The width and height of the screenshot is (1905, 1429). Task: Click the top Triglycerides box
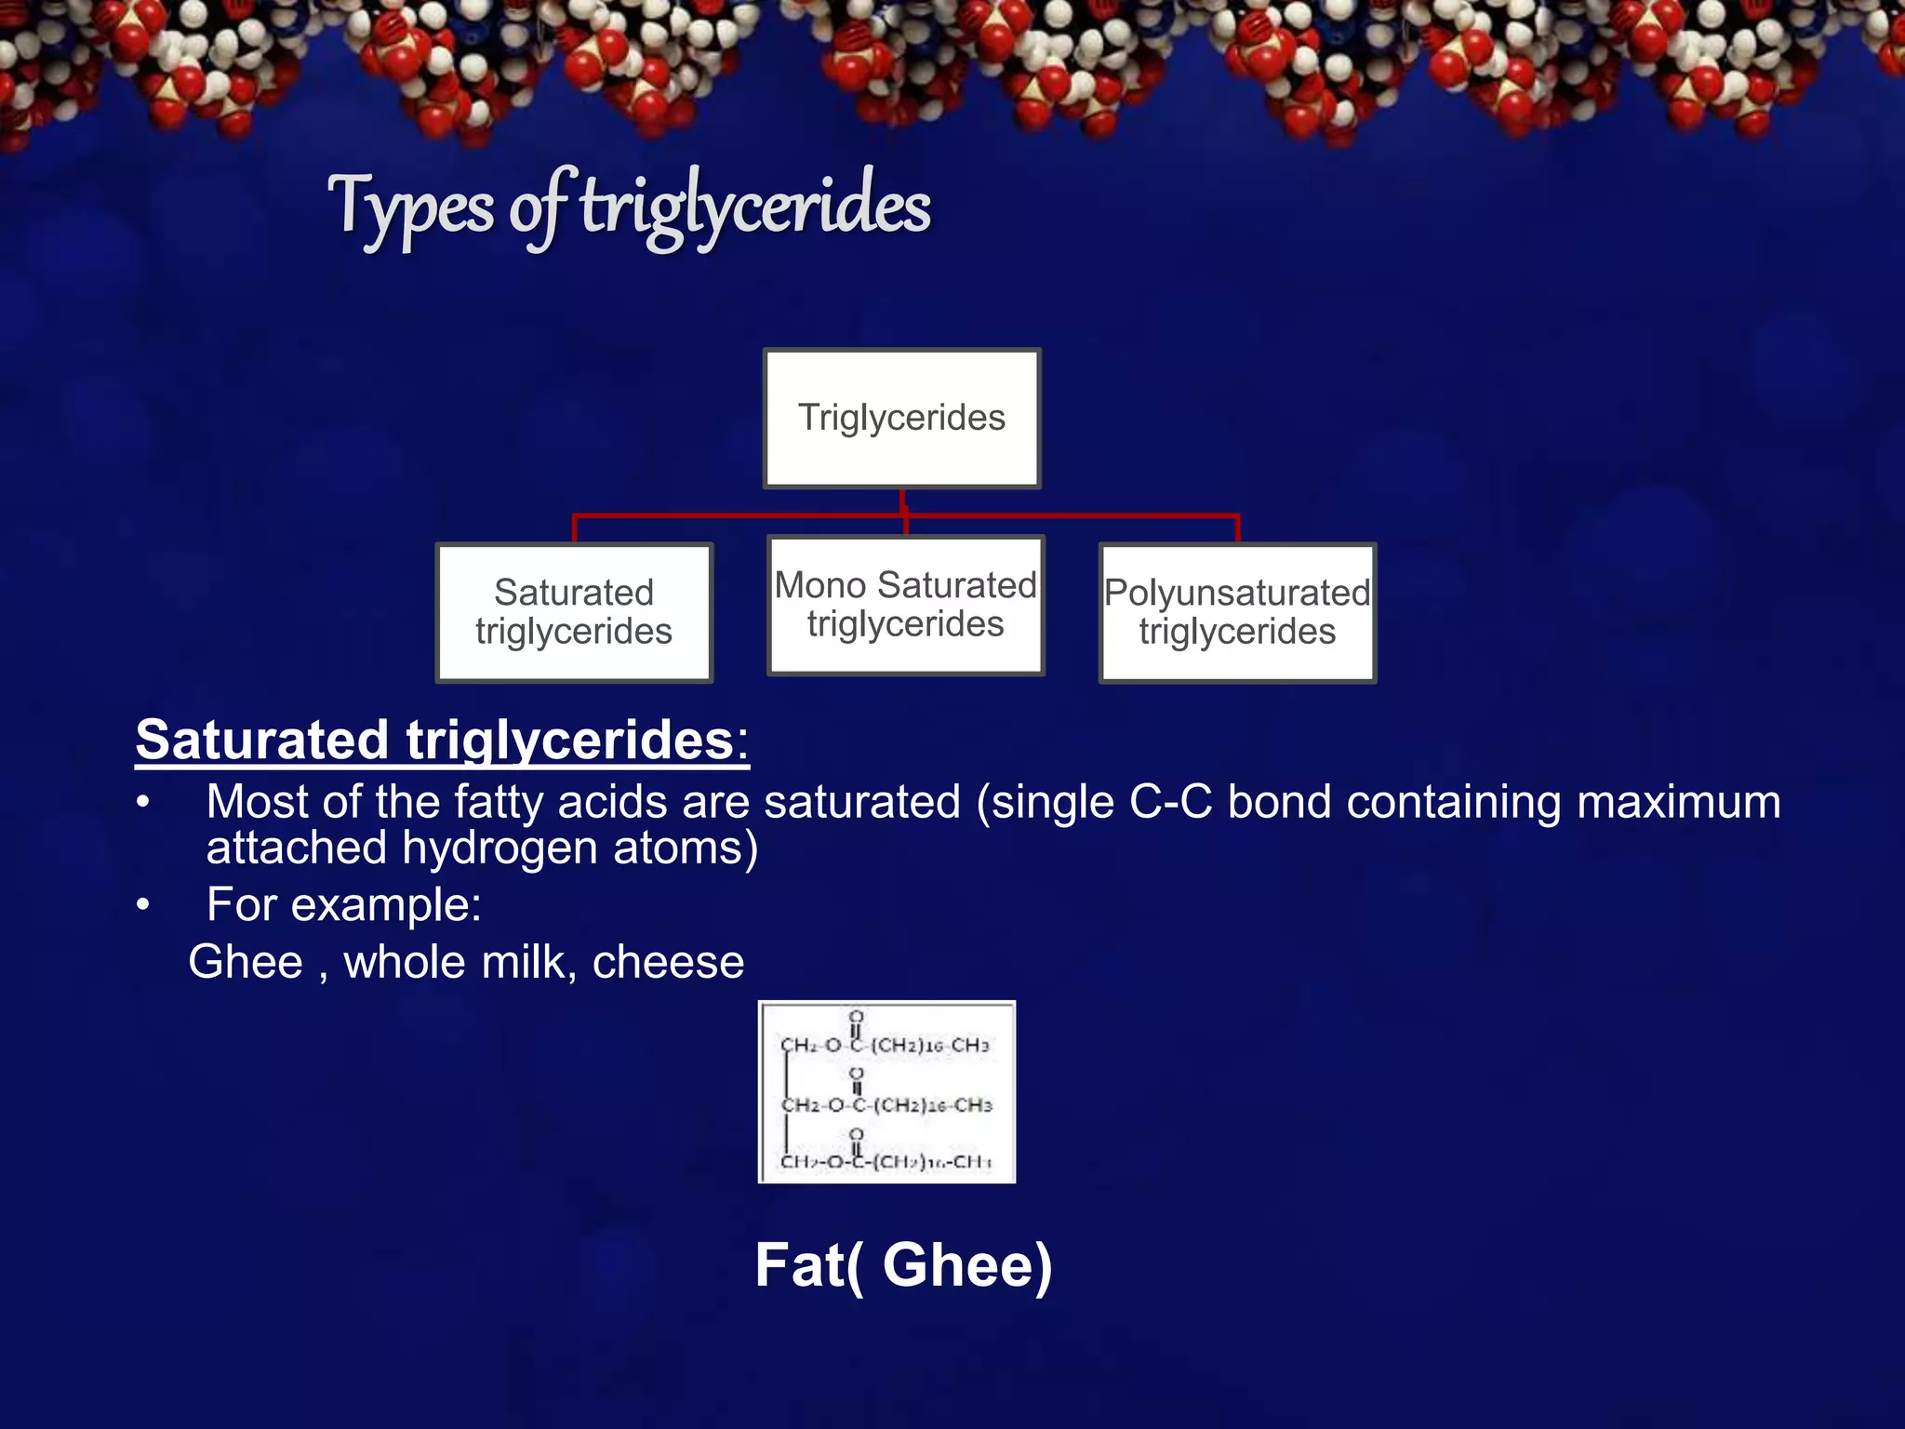point(901,418)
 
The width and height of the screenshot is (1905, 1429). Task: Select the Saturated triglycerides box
point(574,612)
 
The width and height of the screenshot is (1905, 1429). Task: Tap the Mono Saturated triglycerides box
point(905,605)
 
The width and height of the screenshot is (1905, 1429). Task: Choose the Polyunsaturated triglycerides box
point(1237,612)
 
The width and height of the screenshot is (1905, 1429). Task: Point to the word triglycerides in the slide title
point(755,207)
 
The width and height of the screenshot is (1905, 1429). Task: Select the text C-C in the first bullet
point(1170,802)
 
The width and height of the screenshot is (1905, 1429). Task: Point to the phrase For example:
point(344,904)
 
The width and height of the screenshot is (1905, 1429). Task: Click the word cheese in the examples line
point(668,962)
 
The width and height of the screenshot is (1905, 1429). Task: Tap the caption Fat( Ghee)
point(903,1265)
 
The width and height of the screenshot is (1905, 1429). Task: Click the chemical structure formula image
point(886,1091)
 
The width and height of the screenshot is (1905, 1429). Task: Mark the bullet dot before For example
point(142,905)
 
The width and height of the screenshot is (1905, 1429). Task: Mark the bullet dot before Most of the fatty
point(142,803)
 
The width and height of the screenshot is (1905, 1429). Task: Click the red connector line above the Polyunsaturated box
point(1237,528)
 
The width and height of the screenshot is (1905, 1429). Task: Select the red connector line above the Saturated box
point(575,528)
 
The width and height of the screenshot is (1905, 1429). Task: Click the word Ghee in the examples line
point(246,962)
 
